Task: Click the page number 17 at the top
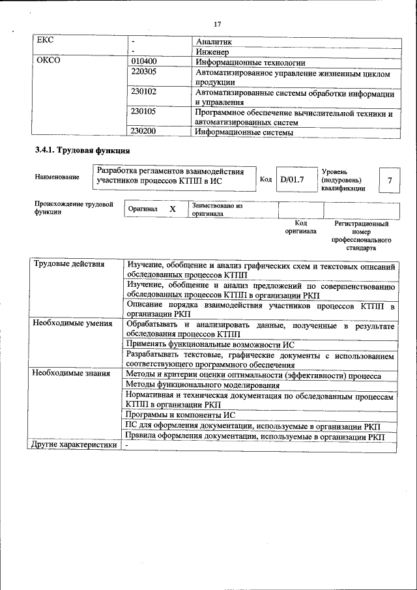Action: coord(218,24)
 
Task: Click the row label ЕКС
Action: coord(45,40)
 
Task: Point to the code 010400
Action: coord(144,62)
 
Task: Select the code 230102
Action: coord(144,93)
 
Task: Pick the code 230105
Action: coord(144,112)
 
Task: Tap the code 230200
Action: coord(144,132)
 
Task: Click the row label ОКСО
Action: coord(49,62)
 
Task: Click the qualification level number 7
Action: coord(389,180)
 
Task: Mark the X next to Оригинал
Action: coord(173,209)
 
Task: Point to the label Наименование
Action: coord(57,177)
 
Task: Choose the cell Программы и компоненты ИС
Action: coord(180,415)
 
